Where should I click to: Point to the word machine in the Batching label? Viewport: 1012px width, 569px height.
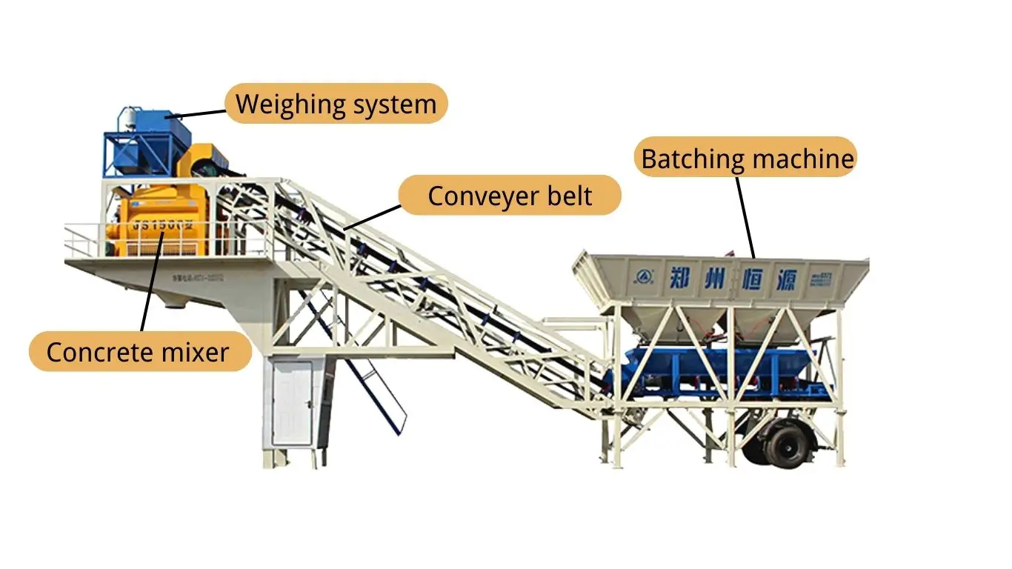click(801, 158)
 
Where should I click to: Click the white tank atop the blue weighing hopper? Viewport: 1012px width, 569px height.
click(130, 116)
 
